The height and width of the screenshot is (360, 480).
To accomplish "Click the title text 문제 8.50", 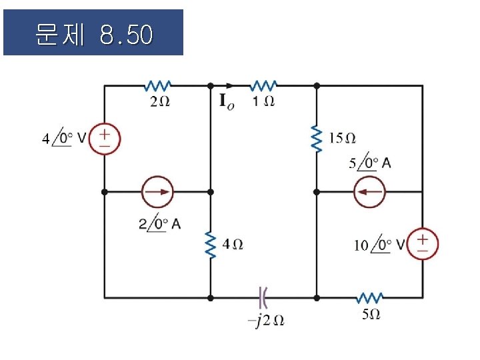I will [x=93, y=33].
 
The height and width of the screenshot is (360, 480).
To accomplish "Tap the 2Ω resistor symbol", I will [x=157, y=85].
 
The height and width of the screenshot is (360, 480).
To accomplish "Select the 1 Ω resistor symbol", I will [x=264, y=85].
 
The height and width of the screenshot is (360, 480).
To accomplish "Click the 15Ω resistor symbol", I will [x=317, y=138].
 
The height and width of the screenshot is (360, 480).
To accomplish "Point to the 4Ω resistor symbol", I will [x=211, y=245].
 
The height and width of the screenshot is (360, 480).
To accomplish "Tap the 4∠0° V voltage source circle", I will [x=105, y=139].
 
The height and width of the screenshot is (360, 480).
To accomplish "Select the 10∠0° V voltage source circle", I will [x=423, y=244].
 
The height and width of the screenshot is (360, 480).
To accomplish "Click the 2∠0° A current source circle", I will [x=157, y=191].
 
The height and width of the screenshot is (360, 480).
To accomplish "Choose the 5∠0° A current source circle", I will [x=369, y=191].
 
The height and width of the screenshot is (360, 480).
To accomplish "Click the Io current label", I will [x=227, y=102].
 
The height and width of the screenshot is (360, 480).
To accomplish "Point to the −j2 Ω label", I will [x=266, y=320].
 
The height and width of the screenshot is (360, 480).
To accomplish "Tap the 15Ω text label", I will [x=343, y=138].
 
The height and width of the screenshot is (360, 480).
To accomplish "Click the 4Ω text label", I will [x=233, y=245].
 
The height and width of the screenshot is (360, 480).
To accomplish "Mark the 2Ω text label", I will [x=159, y=102].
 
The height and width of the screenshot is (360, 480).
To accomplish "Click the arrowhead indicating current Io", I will [x=230, y=85].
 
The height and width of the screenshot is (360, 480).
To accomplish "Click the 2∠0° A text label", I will [x=160, y=223].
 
